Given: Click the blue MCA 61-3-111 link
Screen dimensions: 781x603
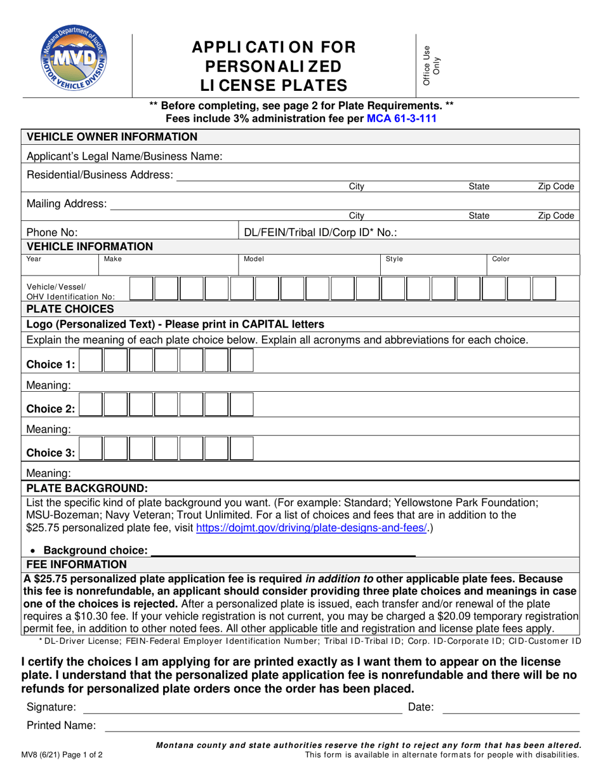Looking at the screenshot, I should (x=402, y=117).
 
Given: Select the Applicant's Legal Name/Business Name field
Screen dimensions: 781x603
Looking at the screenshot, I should (x=400, y=156).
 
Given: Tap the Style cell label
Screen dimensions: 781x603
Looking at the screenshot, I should (x=394, y=259).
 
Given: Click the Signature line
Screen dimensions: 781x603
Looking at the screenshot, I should (x=242, y=707).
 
